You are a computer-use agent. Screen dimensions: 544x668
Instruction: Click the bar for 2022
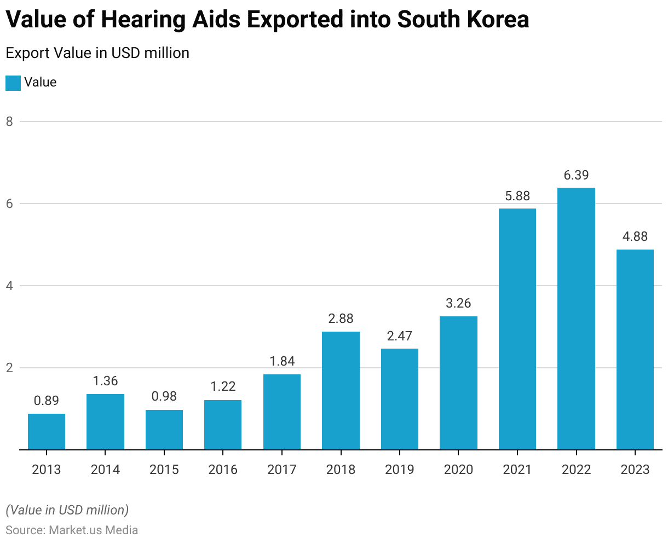576,319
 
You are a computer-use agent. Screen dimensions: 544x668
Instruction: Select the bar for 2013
47,432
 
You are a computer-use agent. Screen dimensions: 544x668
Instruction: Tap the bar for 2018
341,391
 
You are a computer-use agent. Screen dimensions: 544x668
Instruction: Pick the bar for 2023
635,350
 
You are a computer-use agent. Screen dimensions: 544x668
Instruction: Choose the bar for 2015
164,430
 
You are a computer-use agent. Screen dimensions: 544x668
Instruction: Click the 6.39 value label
576,176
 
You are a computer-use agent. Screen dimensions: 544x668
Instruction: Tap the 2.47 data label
400,336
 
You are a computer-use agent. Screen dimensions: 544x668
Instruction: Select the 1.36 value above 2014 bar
105,381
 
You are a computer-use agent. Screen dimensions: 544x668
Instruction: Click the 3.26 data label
458,304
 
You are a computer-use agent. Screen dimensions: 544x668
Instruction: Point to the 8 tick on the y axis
9,121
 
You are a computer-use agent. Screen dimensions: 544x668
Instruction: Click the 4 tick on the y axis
9,286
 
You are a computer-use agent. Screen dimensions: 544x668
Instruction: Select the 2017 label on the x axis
282,470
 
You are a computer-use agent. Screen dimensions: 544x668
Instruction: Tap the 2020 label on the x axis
458,470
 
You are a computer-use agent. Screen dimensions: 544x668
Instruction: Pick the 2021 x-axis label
517,470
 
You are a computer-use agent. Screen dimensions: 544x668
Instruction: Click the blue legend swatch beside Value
13,83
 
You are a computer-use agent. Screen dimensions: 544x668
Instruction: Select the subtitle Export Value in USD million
97,53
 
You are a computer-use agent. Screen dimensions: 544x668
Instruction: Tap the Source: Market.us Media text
72,530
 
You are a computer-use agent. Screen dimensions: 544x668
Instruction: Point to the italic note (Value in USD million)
67,510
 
